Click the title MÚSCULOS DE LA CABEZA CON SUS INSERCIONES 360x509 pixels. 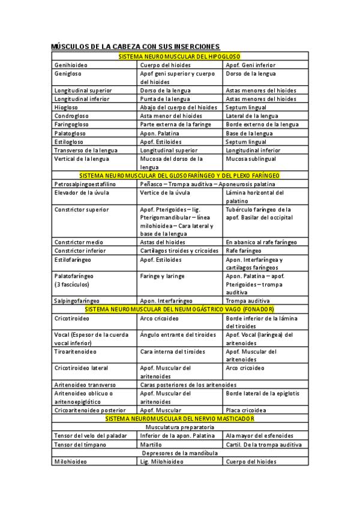[x=136, y=46]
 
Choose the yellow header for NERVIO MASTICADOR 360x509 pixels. [x=180, y=418]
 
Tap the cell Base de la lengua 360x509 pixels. [x=249, y=133]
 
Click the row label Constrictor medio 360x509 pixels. [x=79, y=242]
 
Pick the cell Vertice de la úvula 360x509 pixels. [x=164, y=193]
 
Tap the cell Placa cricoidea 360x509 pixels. [x=246, y=410]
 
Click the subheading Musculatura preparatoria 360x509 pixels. [x=180, y=427]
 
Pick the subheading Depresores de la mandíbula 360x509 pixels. [x=180, y=453]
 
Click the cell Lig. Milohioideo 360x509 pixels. [x=162, y=462]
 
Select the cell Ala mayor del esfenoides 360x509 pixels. [x=259, y=435]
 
